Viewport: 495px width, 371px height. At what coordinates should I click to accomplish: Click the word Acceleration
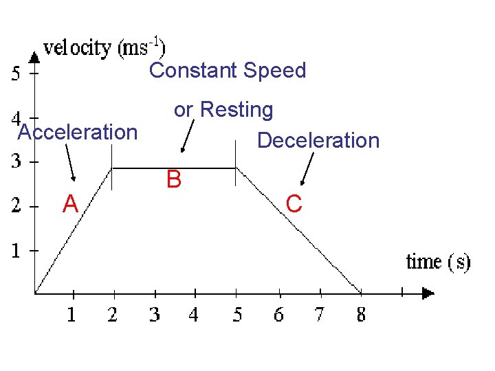point(78,132)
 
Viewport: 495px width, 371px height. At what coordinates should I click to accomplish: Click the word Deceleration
point(318,141)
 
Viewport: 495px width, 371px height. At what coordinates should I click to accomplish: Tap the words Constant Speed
point(228,70)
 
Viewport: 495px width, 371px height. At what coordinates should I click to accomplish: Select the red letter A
point(69,204)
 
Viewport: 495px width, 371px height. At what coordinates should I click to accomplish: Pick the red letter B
point(174,181)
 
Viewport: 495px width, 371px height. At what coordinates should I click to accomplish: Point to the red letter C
point(294,204)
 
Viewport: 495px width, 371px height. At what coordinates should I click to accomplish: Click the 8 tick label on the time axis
point(361,315)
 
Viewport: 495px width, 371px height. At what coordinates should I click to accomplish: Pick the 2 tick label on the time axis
point(113,315)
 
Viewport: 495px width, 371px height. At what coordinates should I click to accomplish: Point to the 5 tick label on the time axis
point(237,315)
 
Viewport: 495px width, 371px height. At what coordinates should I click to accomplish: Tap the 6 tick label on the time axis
point(278,315)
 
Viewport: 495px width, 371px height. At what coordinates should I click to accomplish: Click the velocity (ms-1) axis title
point(104,48)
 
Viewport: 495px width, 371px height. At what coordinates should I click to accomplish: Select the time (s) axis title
point(439,262)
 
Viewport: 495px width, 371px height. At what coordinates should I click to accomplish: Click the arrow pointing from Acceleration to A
point(71,164)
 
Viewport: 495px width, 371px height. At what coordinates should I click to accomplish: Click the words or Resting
point(223,110)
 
